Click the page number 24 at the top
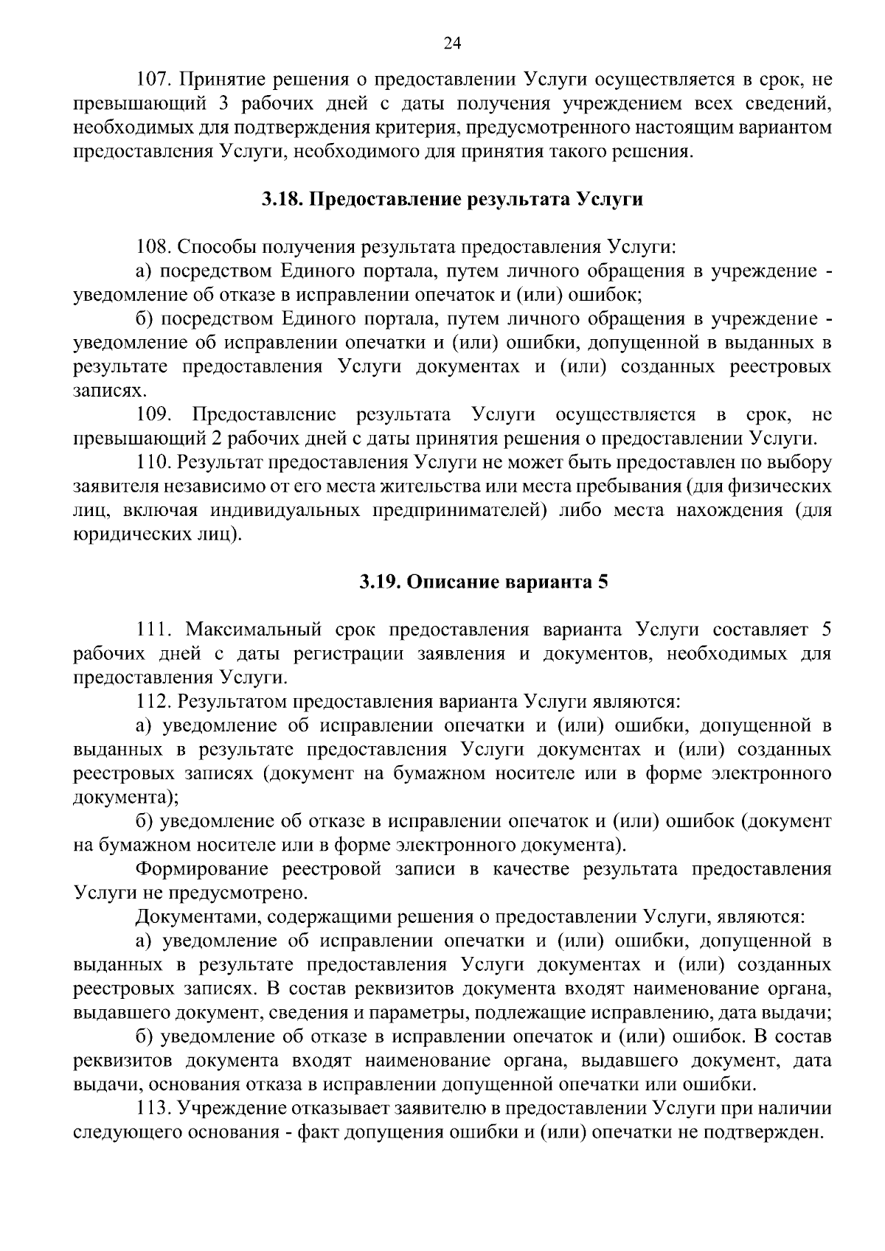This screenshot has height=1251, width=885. pyautogui.click(x=452, y=44)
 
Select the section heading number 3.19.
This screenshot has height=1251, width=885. pyautogui.click(x=378, y=582)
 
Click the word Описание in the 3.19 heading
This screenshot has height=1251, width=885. pyautogui.click(x=450, y=582)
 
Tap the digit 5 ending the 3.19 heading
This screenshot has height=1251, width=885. pyautogui.click(x=603, y=582)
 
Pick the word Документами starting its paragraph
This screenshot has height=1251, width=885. pyautogui.click(x=198, y=917)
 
